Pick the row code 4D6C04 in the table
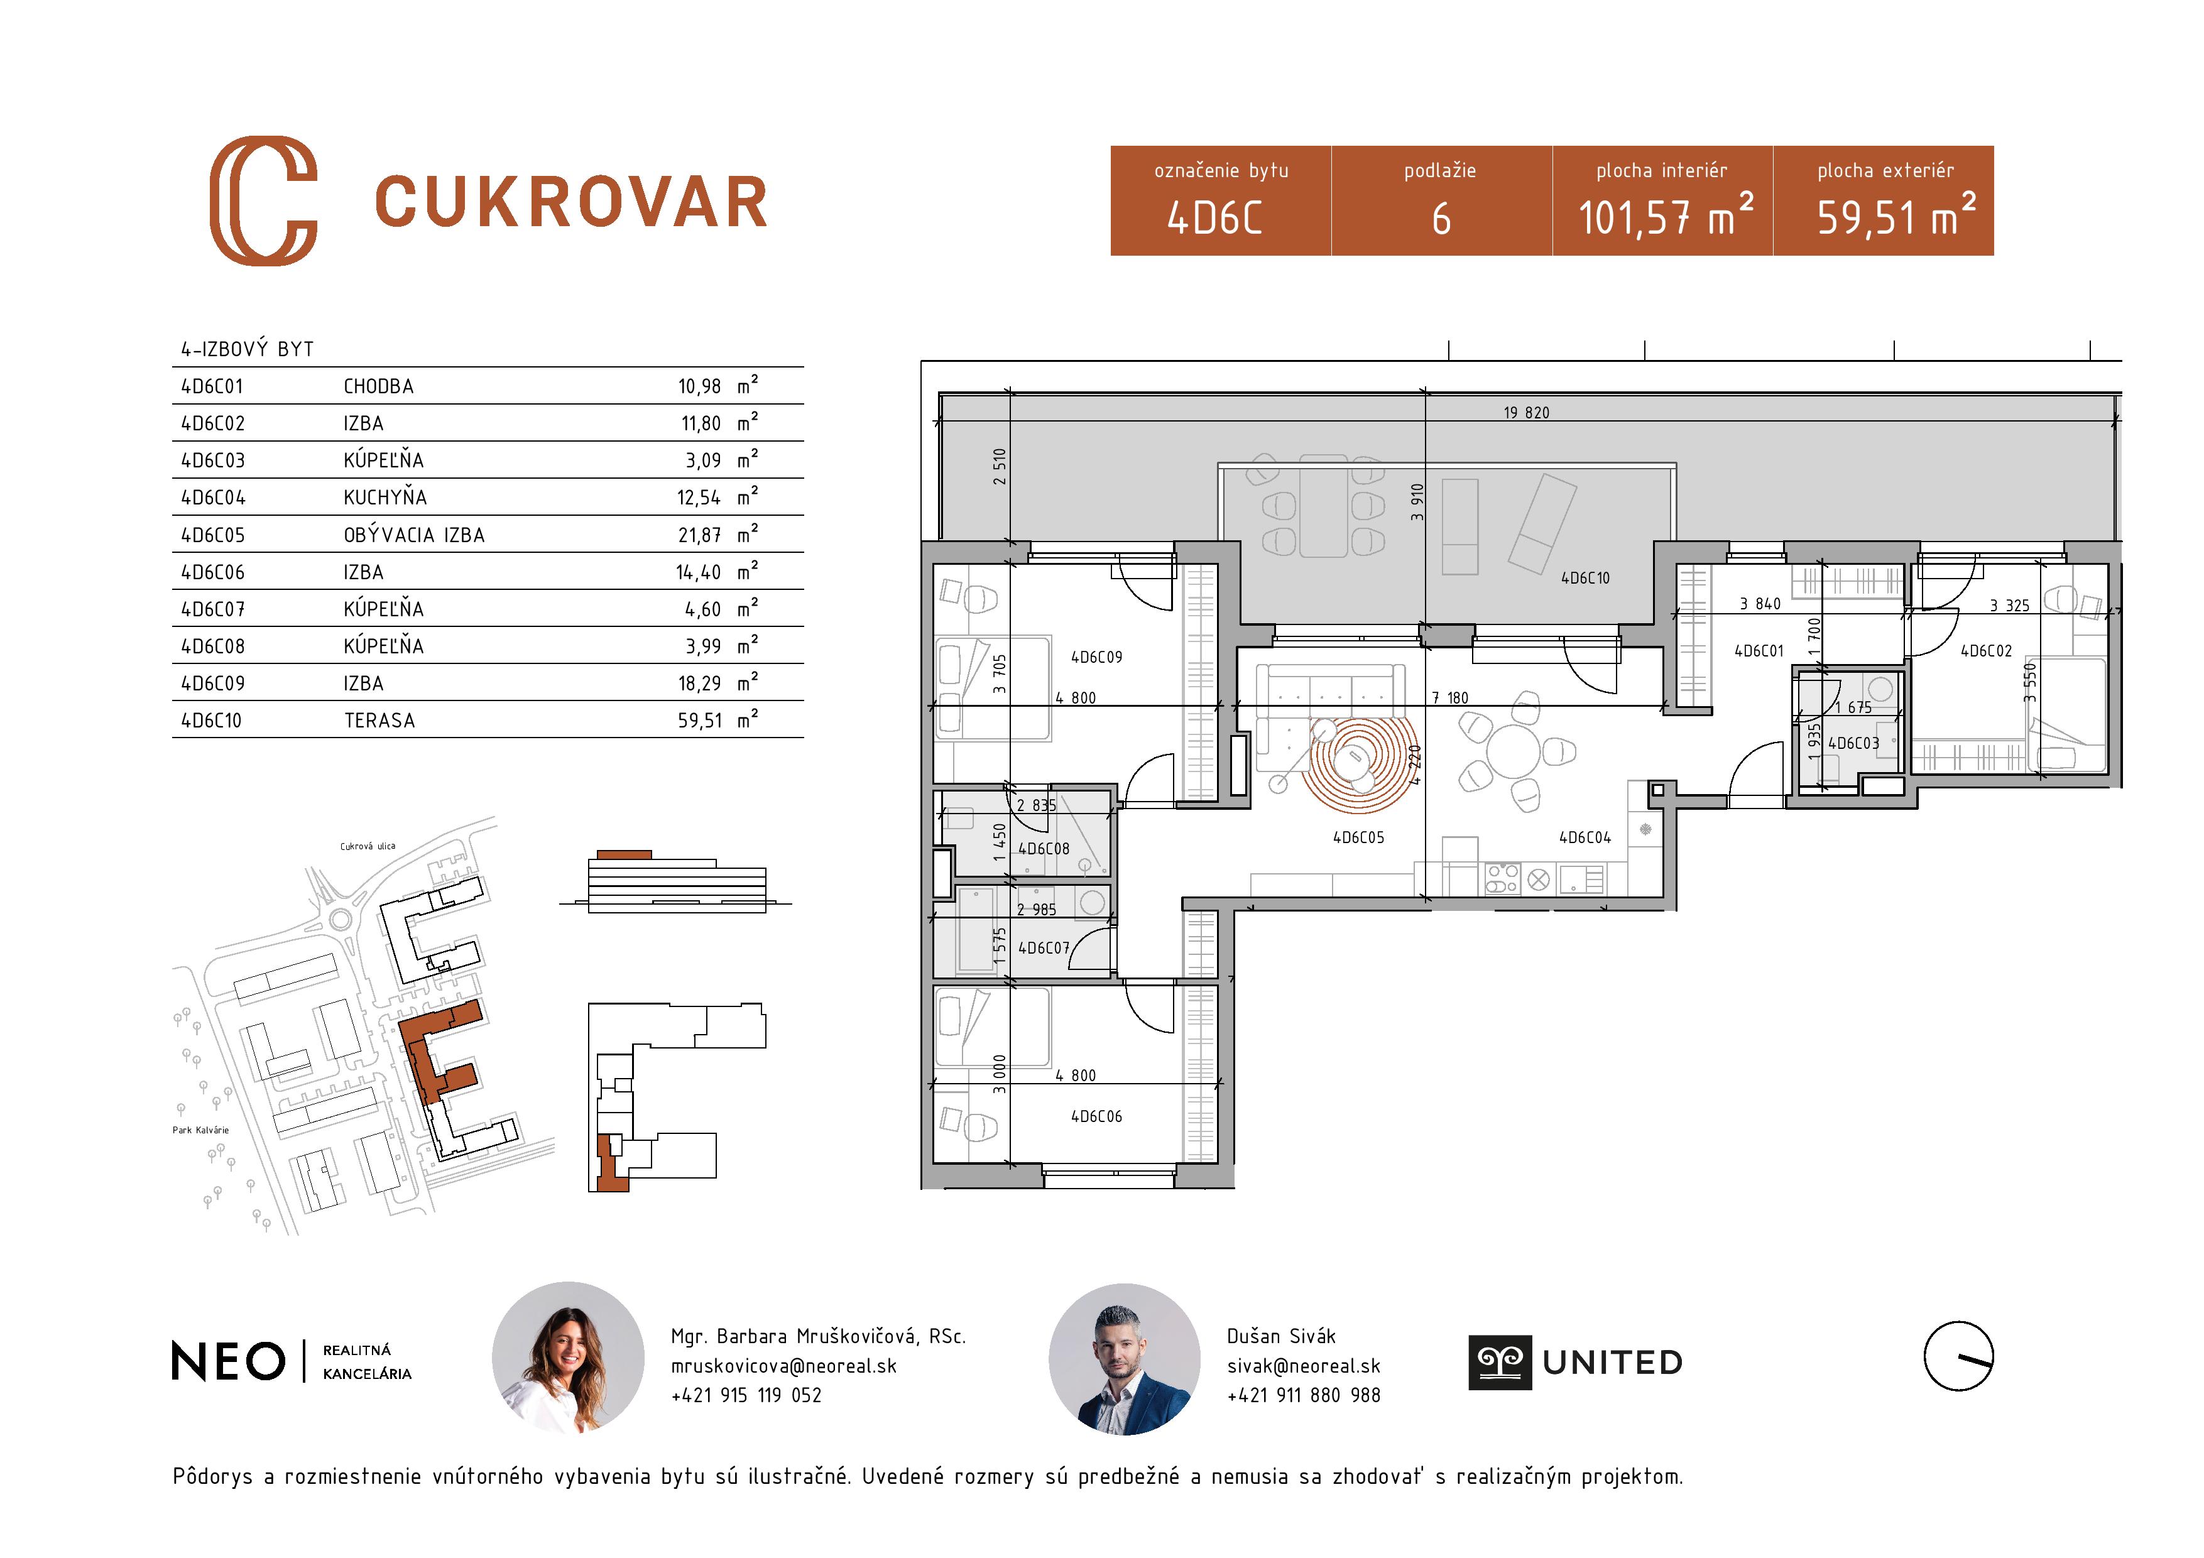click(x=213, y=498)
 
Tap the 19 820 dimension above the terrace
click(x=1525, y=413)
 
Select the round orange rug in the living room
click(x=1356, y=763)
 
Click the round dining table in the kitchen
click(x=1513, y=751)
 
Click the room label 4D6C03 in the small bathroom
click(x=1853, y=743)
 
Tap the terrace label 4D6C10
click(x=1585, y=578)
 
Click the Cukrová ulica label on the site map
click(x=367, y=847)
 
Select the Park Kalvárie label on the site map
click(x=200, y=1130)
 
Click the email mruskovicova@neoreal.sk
click(x=783, y=1365)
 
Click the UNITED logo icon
click(x=1500, y=1362)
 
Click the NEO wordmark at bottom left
click(x=229, y=1361)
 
